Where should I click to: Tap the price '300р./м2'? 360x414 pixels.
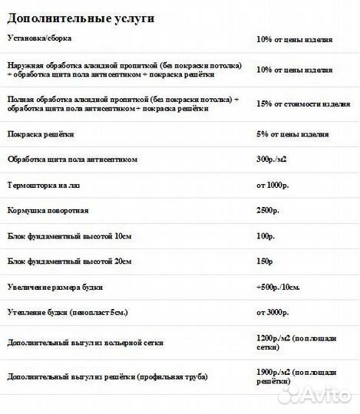(x=272, y=159)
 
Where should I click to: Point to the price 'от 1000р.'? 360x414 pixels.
(x=274, y=186)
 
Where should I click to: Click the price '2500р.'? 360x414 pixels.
(x=268, y=210)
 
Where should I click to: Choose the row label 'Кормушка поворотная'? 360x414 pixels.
(x=48, y=210)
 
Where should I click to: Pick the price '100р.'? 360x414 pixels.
(x=266, y=236)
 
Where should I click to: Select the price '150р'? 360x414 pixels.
(x=266, y=261)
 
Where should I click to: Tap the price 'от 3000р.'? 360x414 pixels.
(x=274, y=314)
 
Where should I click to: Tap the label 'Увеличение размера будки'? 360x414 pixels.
(x=54, y=287)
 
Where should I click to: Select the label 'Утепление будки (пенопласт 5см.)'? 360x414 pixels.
(x=69, y=314)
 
